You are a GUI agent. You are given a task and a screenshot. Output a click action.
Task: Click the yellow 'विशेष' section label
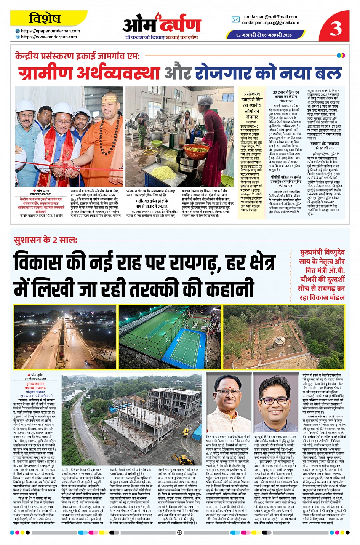[45, 18]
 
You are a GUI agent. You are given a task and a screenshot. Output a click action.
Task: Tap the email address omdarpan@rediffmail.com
[270, 17]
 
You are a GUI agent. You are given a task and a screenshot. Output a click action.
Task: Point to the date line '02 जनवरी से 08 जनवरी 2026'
[264, 35]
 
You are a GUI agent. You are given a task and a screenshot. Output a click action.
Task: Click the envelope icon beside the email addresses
[236, 19]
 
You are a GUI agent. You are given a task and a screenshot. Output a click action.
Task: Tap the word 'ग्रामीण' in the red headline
[52, 72]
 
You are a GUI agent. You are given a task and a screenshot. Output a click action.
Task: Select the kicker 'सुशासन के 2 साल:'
[45, 240]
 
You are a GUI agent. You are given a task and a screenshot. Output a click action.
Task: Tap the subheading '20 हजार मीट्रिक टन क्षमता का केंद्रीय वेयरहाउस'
[286, 97]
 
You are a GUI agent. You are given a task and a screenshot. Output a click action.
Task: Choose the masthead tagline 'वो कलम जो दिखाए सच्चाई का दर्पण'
[162, 37]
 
